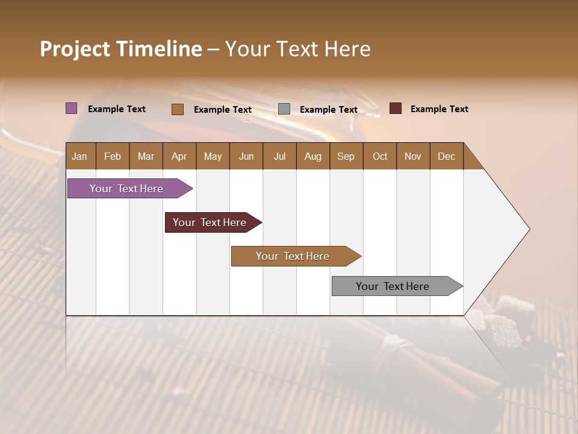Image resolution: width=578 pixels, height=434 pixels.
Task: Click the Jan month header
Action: pos(79,156)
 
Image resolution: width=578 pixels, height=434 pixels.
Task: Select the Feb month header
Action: pos(113,156)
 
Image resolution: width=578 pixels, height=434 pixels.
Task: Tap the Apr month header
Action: pos(179,156)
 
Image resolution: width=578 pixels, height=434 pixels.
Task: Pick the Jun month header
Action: pos(246,156)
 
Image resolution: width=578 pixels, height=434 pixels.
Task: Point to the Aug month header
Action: pos(312,156)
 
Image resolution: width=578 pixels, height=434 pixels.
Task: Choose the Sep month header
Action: pos(346,156)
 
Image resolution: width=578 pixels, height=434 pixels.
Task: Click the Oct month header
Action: pos(380,156)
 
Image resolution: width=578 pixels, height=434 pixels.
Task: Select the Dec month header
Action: pos(446,156)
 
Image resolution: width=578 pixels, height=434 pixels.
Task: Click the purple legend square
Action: pos(72,108)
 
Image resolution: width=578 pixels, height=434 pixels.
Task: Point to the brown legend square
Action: pos(178,109)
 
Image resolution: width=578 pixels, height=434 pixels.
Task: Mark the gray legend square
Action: pos(284,109)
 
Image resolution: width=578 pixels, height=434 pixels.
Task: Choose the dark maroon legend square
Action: pos(396,108)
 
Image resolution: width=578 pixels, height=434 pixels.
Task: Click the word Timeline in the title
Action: pos(160,49)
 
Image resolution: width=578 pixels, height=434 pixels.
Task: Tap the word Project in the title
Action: pos(75,49)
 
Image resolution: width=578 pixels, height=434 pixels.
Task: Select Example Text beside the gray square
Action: pos(328,110)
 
